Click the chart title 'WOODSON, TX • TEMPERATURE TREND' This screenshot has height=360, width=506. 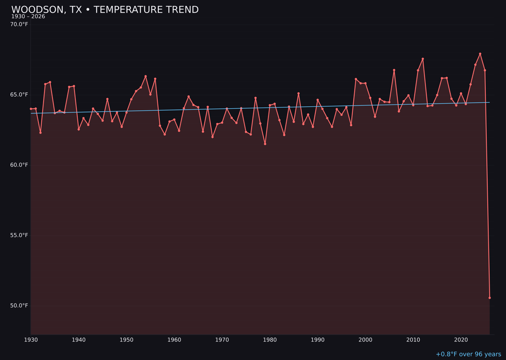pyautogui.click(x=105, y=10)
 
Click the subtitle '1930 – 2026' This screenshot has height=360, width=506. pyautogui.click(x=28, y=16)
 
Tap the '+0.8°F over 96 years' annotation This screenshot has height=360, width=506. pyautogui.click(x=468, y=354)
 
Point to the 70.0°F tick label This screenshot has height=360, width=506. pyautogui.click(x=19, y=24)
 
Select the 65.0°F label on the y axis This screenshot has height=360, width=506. pyautogui.click(x=19, y=95)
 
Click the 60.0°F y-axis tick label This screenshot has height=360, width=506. pyautogui.click(x=19, y=165)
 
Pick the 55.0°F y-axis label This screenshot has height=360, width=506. pyautogui.click(x=19, y=235)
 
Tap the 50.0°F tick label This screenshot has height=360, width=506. pyautogui.click(x=19, y=306)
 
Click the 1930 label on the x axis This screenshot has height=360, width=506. pyautogui.click(x=31, y=339)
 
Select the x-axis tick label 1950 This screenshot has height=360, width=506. pyautogui.click(x=126, y=339)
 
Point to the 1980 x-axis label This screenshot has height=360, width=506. pyautogui.click(x=270, y=339)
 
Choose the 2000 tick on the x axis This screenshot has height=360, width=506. pyautogui.click(x=365, y=339)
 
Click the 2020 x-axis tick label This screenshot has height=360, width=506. pyautogui.click(x=461, y=339)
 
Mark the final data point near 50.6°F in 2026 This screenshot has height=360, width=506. pyautogui.click(x=490, y=298)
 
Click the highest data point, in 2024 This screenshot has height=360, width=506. pyautogui.click(x=480, y=54)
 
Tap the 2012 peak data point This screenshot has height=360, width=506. pyautogui.click(x=423, y=59)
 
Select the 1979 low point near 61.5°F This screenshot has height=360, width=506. pyautogui.click(x=265, y=144)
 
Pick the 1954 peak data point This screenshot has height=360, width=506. pyautogui.click(x=146, y=76)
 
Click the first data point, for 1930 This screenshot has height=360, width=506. pyautogui.click(x=31, y=109)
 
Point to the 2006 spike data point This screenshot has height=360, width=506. pyautogui.click(x=394, y=70)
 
